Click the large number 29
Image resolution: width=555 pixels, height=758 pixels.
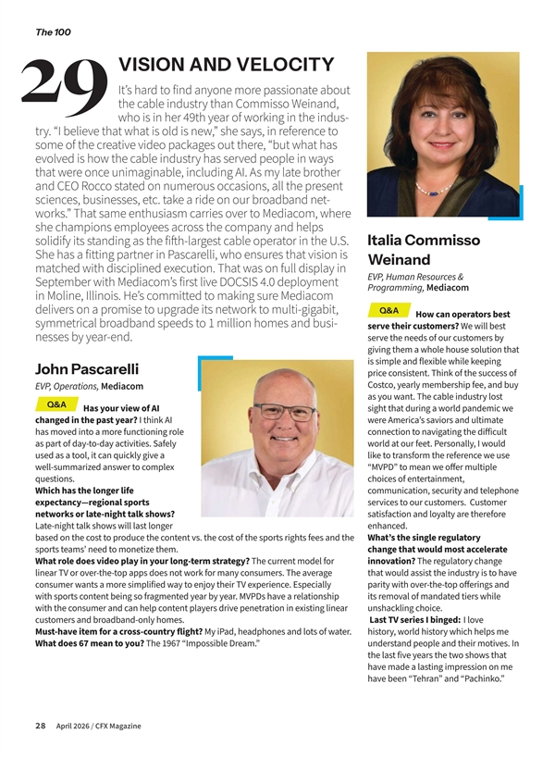click(63, 82)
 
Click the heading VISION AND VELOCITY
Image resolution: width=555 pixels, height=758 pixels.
click(226, 65)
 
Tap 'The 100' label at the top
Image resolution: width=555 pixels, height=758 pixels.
click(53, 32)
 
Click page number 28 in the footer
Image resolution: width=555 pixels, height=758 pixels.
click(41, 726)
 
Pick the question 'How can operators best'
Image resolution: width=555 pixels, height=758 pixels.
click(463, 315)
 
